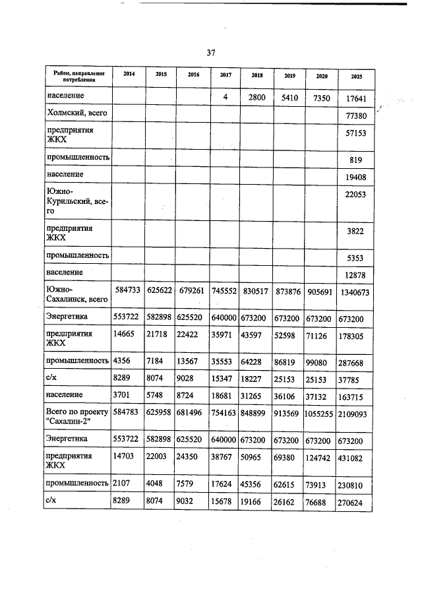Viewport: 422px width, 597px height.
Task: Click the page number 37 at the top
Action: tap(211, 53)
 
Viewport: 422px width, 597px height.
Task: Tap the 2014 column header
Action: tap(129, 74)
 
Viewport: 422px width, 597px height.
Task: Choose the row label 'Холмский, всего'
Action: tap(76, 113)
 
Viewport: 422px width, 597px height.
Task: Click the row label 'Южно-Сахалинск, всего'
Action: tap(75, 294)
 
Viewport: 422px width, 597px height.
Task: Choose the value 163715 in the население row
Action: tap(357, 395)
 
